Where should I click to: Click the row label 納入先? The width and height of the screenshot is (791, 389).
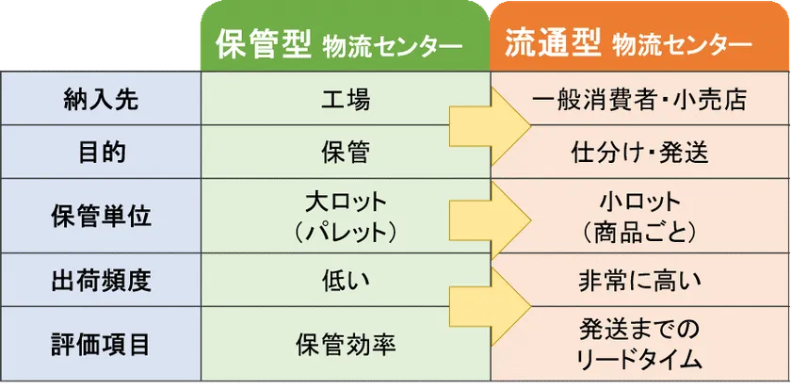101,100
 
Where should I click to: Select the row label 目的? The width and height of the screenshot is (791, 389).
101,153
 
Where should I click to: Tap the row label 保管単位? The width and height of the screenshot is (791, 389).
101,218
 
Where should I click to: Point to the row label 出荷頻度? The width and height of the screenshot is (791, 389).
101,282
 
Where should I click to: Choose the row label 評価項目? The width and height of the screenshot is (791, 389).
101,345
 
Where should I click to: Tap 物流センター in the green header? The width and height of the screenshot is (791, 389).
393,47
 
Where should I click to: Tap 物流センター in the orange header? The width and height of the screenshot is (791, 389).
683,47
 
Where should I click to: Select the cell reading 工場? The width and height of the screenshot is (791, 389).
346,100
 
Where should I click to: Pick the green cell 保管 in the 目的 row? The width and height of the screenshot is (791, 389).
346,153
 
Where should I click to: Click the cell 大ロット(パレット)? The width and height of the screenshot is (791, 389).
346,218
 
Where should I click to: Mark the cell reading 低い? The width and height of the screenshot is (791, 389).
346,282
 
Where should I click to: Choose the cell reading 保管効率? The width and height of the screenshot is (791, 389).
346,345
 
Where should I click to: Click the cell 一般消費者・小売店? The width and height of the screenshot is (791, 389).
639,100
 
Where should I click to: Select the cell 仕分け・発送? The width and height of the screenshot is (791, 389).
639,153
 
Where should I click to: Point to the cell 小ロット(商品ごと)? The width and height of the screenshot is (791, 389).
639,218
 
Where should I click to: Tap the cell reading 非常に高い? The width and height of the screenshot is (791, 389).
639,282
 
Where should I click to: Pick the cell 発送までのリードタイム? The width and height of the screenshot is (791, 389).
639,345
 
